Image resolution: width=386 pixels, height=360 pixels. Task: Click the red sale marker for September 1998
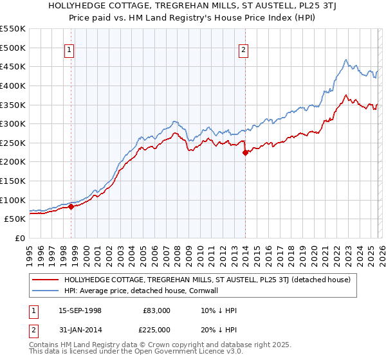[x=71, y=206]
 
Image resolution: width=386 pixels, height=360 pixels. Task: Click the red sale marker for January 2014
[x=245, y=152]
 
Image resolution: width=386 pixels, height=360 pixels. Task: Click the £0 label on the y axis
[x=21, y=238]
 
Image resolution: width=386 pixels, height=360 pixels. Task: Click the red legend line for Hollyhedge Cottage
[x=46, y=280]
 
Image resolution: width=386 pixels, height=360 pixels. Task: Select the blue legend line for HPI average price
[x=46, y=291]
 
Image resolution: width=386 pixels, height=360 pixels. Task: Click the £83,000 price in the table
[x=156, y=310]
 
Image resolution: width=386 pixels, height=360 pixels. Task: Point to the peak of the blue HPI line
[x=345, y=60]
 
